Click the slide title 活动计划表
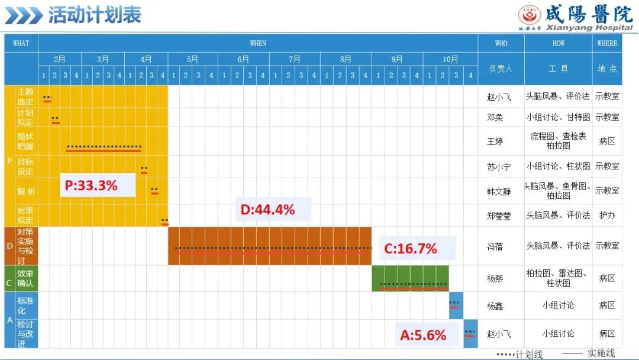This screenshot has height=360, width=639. (95, 15)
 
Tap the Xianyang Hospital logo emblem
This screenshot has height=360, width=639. (530, 15)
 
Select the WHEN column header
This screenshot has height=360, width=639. (258, 43)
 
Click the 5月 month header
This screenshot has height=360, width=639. (192, 59)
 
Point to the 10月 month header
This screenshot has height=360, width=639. (450, 60)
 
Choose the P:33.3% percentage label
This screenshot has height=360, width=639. (91, 185)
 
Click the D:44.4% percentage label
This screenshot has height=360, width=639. (268, 210)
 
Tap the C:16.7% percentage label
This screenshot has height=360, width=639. (411, 248)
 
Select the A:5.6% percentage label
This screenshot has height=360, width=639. (423, 335)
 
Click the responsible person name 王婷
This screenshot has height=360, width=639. (495, 142)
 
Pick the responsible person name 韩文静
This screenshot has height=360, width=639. (499, 191)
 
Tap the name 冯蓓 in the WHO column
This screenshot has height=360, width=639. (495, 246)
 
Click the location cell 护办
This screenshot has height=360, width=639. (607, 216)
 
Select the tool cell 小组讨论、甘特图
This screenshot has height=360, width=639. (558, 117)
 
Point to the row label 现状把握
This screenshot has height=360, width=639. (25, 141)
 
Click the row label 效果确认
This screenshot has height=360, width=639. (25, 278)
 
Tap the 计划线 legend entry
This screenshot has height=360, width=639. (519, 354)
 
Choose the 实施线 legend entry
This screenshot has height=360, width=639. (589, 353)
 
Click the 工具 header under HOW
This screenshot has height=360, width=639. (558, 69)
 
